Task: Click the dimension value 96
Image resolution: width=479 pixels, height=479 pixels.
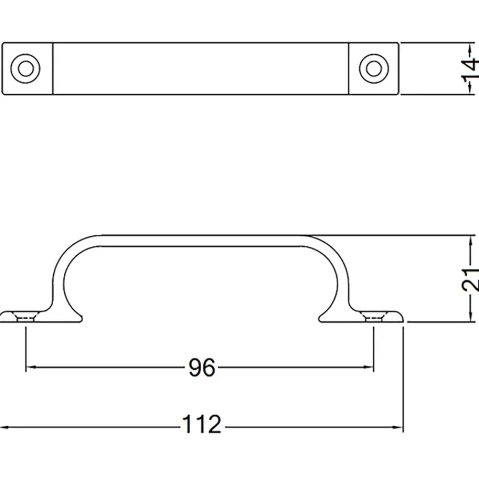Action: point(202,367)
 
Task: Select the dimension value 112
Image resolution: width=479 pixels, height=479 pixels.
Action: point(202,424)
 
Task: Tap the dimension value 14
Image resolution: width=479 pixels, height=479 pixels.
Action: point(470,69)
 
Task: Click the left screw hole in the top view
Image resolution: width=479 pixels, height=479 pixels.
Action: point(26,69)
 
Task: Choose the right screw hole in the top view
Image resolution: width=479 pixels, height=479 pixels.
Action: point(374,69)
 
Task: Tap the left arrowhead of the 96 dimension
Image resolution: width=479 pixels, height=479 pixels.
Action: point(30,367)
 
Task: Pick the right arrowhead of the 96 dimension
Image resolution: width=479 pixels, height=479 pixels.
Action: point(368,367)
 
